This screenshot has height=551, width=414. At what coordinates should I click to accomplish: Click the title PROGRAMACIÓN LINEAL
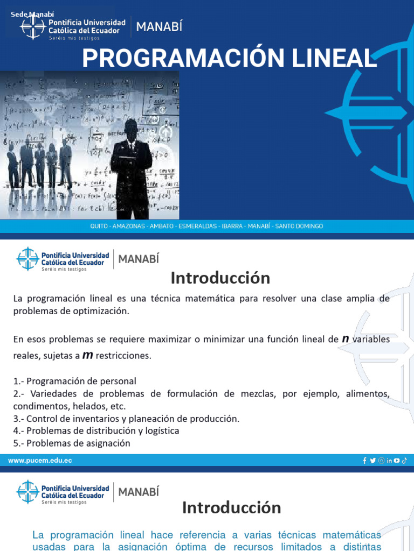click(229, 58)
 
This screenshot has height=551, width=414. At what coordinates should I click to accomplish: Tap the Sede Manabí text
click(32, 14)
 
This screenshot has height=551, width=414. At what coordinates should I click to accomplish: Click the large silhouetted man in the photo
click(131, 167)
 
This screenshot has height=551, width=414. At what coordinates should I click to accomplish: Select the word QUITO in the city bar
click(99, 227)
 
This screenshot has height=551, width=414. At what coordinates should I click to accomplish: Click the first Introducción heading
click(220, 278)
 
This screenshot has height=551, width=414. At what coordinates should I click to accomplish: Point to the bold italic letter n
click(346, 338)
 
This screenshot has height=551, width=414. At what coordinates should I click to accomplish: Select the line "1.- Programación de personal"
click(75, 381)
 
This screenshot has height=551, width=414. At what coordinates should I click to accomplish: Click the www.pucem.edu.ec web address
click(40, 461)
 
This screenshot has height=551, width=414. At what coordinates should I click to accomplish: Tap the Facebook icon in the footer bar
click(365, 461)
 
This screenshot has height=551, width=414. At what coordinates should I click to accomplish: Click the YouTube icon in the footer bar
click(397, 461)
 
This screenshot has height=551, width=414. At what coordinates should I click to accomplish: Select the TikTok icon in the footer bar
click(404, 461)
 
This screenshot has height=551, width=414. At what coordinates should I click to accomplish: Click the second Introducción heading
click(231, 507)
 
